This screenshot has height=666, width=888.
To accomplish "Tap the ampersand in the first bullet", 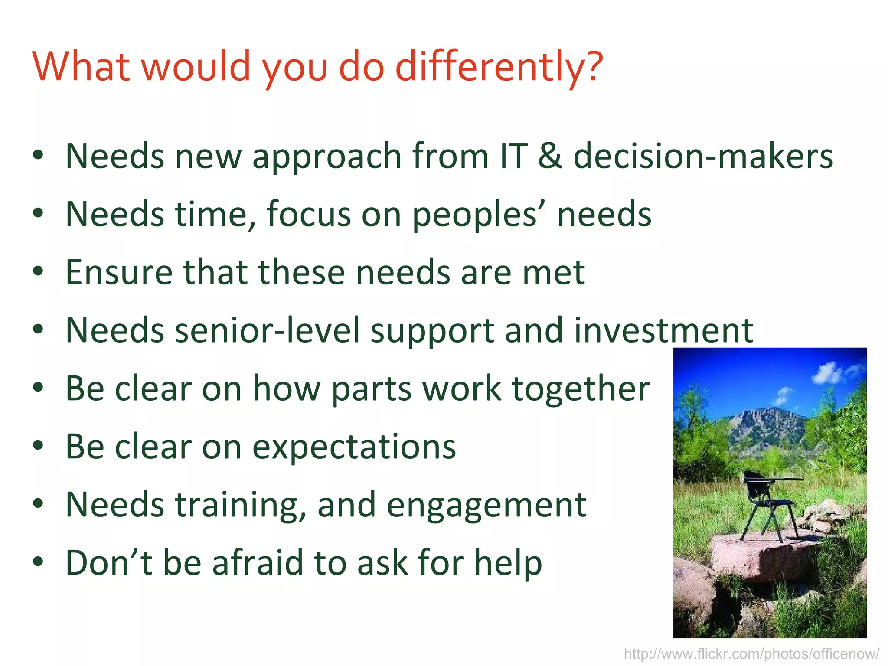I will (x=550, y=156).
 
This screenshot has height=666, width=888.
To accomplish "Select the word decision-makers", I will (x=703, y=156).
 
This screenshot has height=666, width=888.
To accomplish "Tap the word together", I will (x=581, y=388).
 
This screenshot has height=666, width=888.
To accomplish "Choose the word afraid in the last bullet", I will (x=257, y=563).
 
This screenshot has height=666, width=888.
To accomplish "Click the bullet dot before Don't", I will (x=38, y=562).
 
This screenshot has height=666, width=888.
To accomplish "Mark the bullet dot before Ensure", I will (x=38, y=271).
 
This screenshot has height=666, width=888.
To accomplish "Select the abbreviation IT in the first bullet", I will (x=513, y=156).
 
